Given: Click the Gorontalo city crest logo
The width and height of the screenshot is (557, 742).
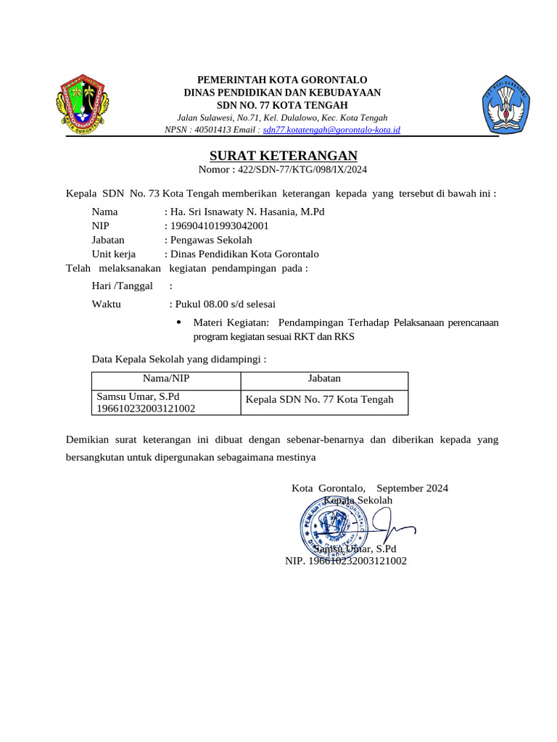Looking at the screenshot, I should (82, 104).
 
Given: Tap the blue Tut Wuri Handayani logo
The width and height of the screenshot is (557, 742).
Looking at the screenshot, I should (506, 104).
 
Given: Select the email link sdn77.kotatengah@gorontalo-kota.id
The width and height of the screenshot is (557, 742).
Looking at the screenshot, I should (331, 130).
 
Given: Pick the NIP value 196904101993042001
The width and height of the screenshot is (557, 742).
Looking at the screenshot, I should (219, 225).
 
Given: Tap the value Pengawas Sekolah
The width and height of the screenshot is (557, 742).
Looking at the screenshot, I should (210, 240).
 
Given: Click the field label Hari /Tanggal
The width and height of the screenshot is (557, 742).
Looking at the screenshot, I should (122, 285).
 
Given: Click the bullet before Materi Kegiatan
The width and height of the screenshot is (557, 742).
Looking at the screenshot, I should (179, 322).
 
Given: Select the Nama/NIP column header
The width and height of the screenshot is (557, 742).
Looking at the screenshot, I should (165, 378).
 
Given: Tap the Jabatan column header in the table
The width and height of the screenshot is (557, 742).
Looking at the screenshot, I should (323, 378).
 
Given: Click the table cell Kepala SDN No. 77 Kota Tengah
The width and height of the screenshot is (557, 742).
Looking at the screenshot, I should (320, 399).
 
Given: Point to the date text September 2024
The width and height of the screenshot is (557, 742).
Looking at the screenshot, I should (412, 488).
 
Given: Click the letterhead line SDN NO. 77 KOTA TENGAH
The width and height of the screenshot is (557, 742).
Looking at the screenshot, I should (282, 105).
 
